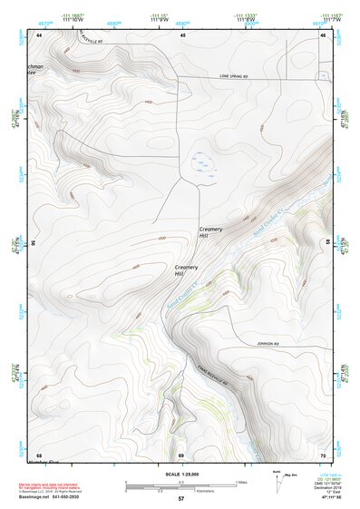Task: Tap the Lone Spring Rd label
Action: coord(231,77)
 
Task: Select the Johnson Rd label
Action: coord(259,344)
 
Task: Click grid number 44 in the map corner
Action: coord(40,34)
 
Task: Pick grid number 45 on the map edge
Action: coord(182,34)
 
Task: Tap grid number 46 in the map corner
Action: coord(322,34)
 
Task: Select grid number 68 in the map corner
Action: coord(40,455)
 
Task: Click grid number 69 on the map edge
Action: coord(180,455)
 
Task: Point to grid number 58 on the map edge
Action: coord(327,242)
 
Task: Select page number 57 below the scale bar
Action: coord(180,499)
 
